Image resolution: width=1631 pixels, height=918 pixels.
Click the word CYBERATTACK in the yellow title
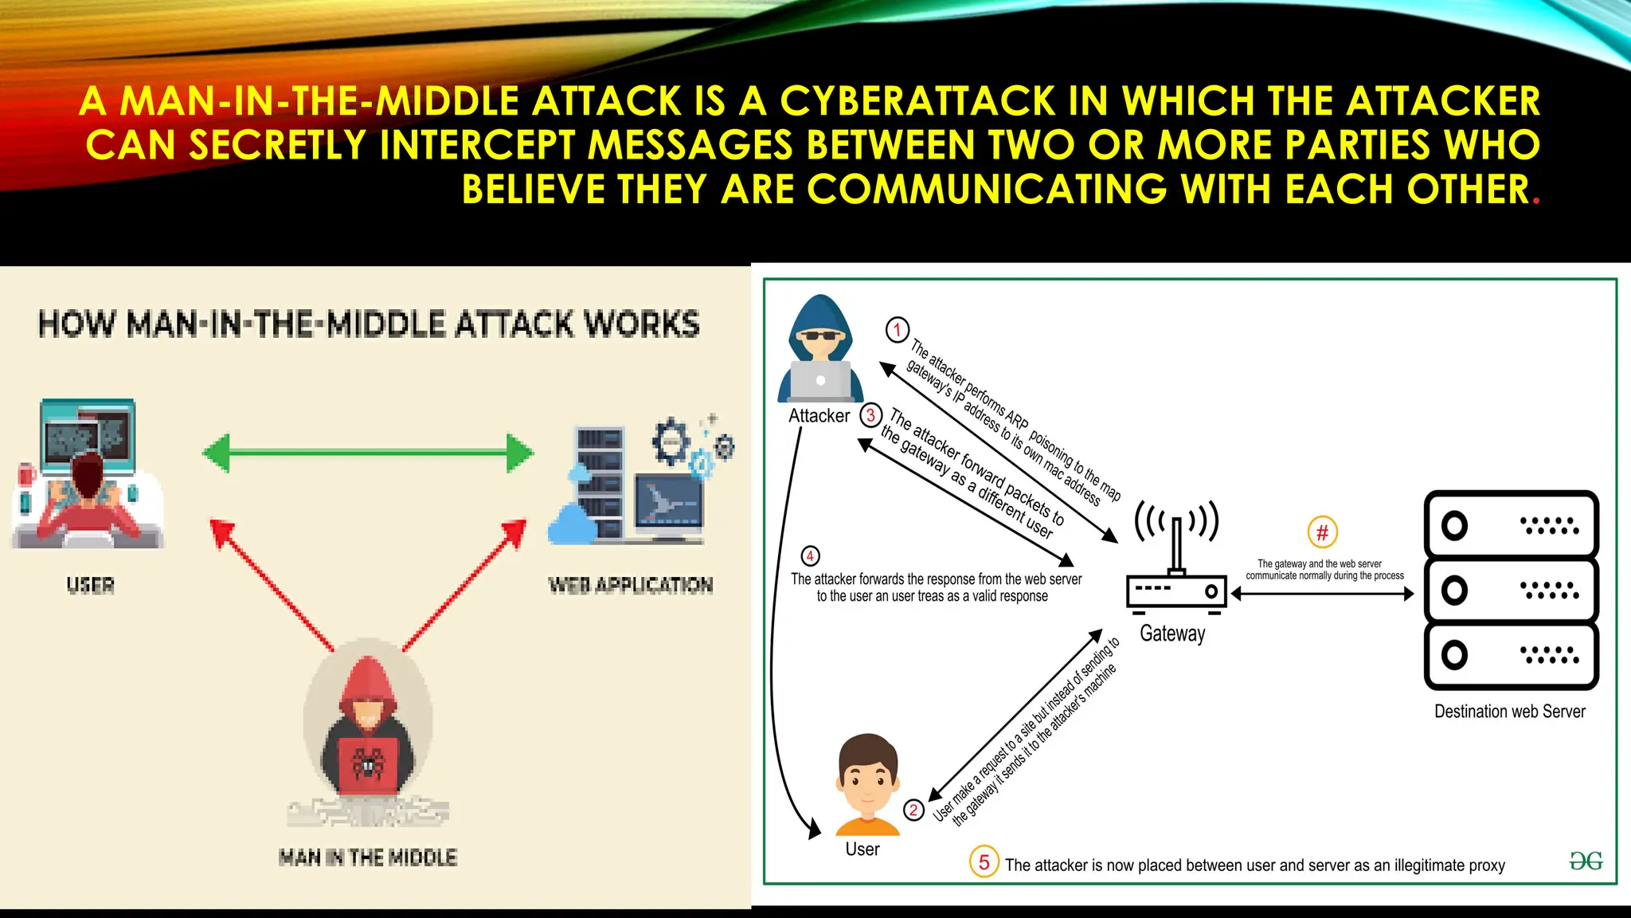[x=917, y=101]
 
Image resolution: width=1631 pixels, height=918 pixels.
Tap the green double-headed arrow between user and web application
[x=368, y=453]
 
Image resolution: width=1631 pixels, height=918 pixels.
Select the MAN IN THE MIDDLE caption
[x=367, y=857]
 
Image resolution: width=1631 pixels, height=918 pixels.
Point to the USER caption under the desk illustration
[x=90, y=586]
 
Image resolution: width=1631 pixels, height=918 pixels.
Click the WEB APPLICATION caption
[x=630, y=586]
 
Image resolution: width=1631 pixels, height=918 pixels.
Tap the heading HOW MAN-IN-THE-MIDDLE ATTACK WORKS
[x=369, y=324]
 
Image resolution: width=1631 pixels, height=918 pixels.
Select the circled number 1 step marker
[x=898, y=329]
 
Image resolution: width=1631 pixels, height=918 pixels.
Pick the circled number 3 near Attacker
[x=870, y=415]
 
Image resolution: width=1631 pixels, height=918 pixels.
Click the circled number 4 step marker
[x=810, y=555]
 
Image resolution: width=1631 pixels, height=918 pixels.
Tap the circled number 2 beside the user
[x=913, y=810]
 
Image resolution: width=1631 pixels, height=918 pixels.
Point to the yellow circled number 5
[x=984, y=862]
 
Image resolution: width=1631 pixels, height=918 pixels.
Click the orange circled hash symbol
[x=1322, y=532]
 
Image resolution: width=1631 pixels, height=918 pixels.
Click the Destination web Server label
[x=1509, y=712]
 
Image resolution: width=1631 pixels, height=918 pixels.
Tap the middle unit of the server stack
[x=1511, y=590]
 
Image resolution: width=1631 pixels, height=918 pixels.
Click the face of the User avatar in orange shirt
[x=868, y=777]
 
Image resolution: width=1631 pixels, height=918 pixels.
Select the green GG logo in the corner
[x=1585, y=861]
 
